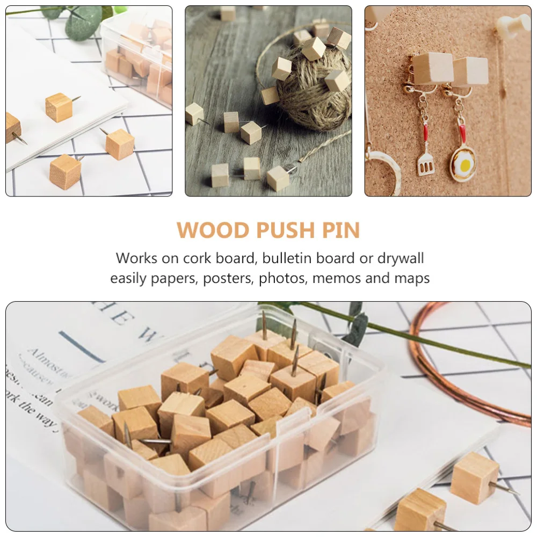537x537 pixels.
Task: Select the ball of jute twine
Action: click(x=314, y=97)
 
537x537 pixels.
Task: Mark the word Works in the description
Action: click(x=137, y=258)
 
